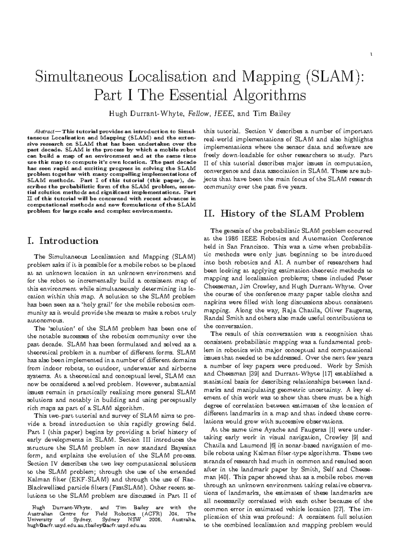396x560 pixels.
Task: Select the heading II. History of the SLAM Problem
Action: pyautogui.click(x=284, y=214)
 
